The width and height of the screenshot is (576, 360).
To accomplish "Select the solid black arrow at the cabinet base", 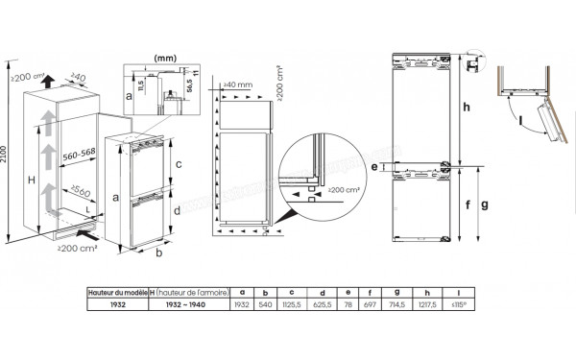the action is [85, 231].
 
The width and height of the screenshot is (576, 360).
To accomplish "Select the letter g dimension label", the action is [487, 204].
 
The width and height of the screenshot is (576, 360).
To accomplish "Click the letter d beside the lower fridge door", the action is [179, 210].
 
